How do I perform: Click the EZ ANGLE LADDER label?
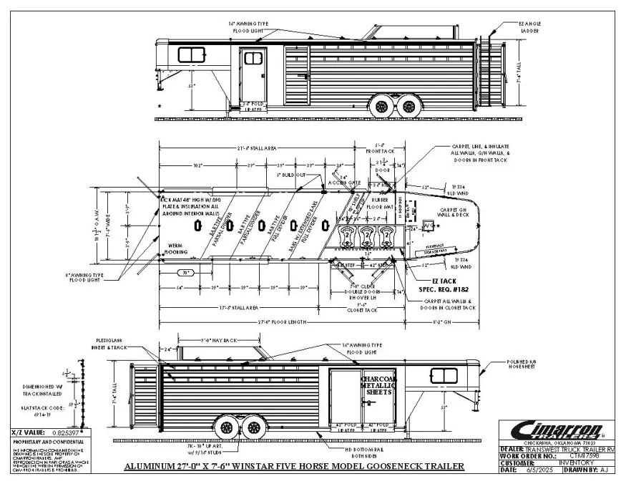tap(529, 26)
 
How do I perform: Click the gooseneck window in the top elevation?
tap(190, 55)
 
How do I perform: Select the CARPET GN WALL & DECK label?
tap(454, 213)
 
